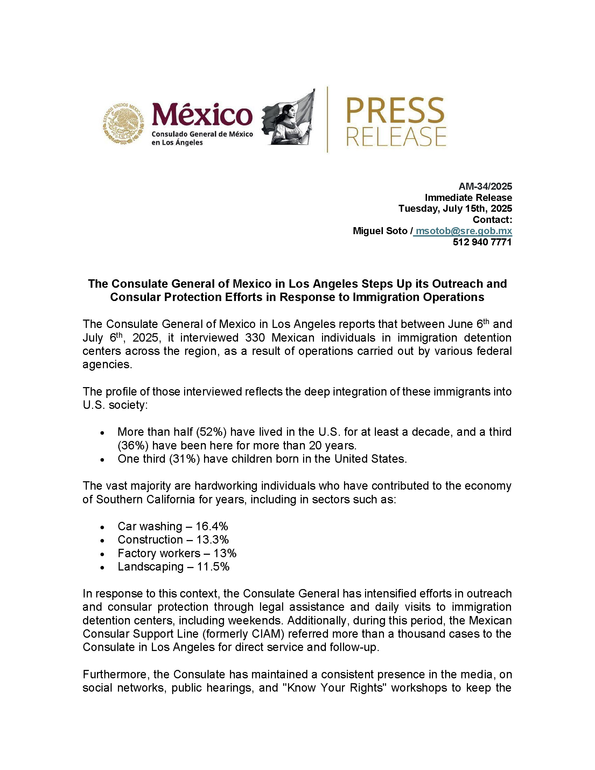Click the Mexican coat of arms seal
(x=124, y=124)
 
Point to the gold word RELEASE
(x=396, y=136)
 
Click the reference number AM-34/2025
(x=485, y=186)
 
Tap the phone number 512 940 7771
(x=482, y=242)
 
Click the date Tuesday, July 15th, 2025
(x=455, y=208)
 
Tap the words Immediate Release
(x=468, y=197)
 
